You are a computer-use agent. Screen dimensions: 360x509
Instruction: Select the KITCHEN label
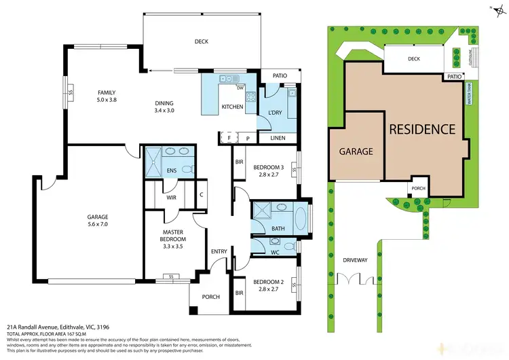pos(233,107)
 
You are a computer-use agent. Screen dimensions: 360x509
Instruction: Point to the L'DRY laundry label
pos(275,112)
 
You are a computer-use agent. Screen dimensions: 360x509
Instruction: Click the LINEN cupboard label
pos(278,138)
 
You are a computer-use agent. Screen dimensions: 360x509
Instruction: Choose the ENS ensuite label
pos(172,170)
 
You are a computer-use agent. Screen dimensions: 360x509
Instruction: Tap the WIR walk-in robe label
pos(172,198)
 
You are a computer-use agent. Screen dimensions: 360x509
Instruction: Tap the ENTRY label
pos(219,252)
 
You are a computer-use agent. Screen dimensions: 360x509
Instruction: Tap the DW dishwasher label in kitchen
pos(240,88)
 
